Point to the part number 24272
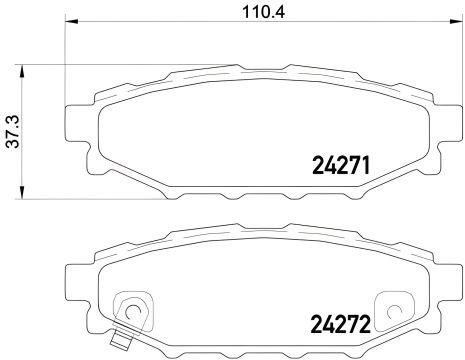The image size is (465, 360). (334, 324)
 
